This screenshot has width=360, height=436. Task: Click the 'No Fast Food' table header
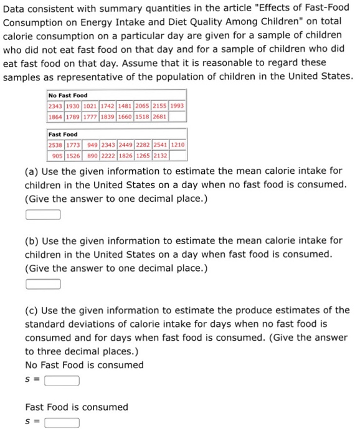pos(68,95)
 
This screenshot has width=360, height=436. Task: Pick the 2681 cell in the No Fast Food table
pos(158,116)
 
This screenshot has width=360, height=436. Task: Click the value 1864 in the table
pos(55,116)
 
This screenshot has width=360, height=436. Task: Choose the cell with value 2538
pos(55,145)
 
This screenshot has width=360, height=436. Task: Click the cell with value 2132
pos(158,155)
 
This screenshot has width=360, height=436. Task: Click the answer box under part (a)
pos(43,215)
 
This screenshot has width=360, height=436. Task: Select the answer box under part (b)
pos(43,285)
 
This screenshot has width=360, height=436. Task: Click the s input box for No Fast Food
pos(62,381)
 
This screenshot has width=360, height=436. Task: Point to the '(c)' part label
pos(32,310)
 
